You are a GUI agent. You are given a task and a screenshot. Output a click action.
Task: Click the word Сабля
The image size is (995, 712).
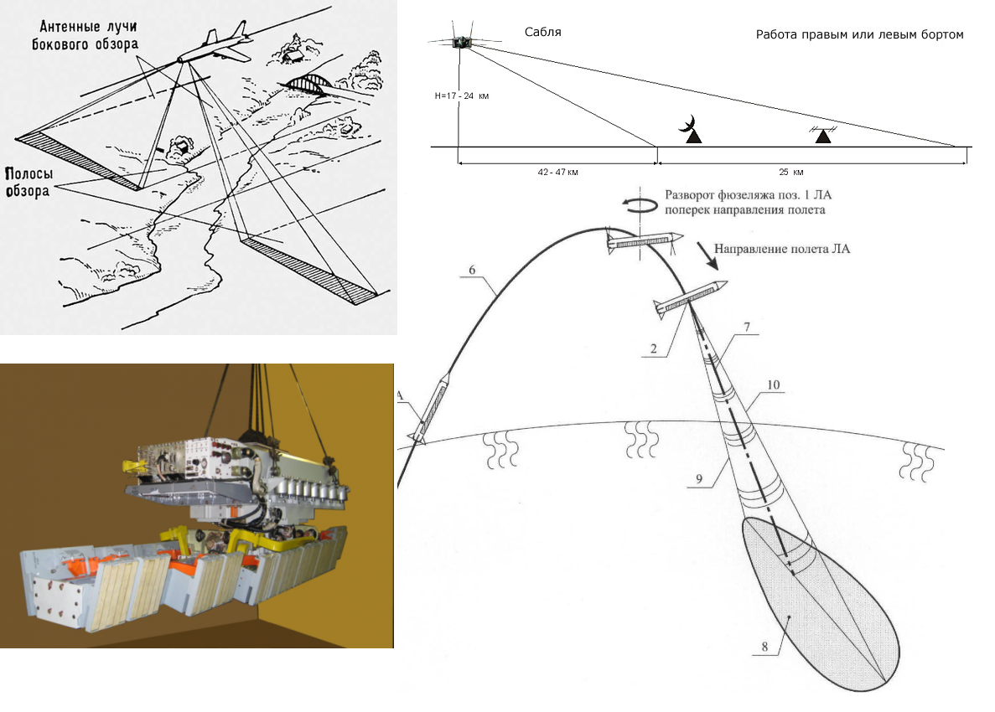(542, 33)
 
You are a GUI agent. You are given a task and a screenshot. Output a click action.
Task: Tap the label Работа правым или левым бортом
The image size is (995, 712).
(859, 35)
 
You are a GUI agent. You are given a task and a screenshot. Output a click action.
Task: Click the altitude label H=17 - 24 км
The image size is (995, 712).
(461, 96)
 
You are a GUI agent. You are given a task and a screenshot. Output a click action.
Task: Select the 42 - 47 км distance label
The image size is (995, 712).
(558, 172)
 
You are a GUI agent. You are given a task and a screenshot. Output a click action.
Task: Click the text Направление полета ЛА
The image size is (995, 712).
(775, 250)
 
